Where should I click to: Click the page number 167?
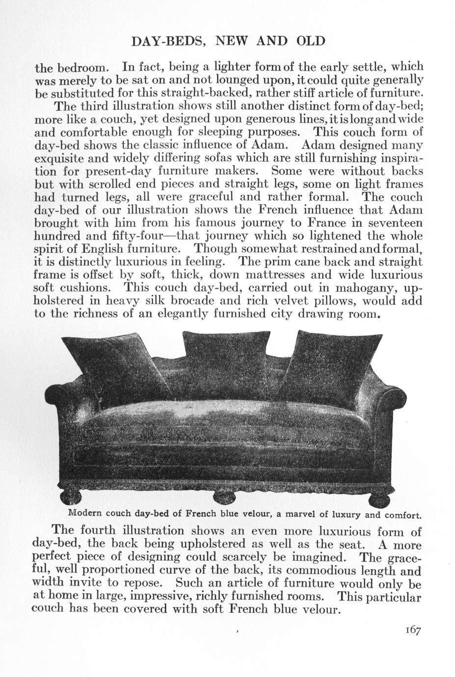click(x=413, y=630)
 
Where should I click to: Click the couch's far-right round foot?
click(x=383, y=496)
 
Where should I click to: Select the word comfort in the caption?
click(x=402, y=516)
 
